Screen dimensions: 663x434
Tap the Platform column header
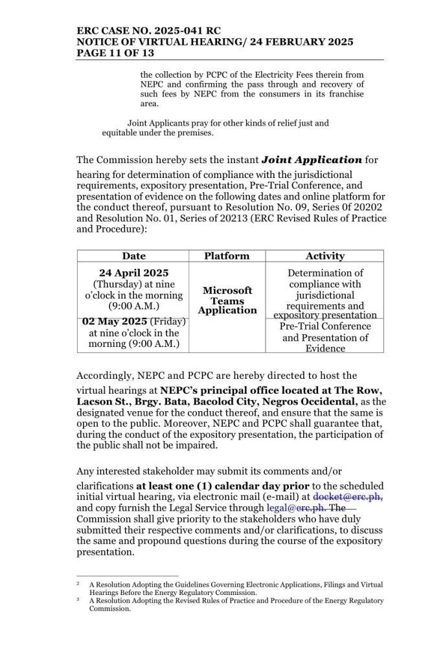coord(227,256)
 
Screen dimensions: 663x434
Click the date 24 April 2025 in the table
coord(133,273)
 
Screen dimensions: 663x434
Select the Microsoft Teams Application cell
coord(227,300)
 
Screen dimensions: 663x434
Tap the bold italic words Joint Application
coord(311,159)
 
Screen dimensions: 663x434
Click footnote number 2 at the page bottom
coord(78,583)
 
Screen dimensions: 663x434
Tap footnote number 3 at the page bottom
coord(78,600)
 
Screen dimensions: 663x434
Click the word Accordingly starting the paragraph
coord(106,376)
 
